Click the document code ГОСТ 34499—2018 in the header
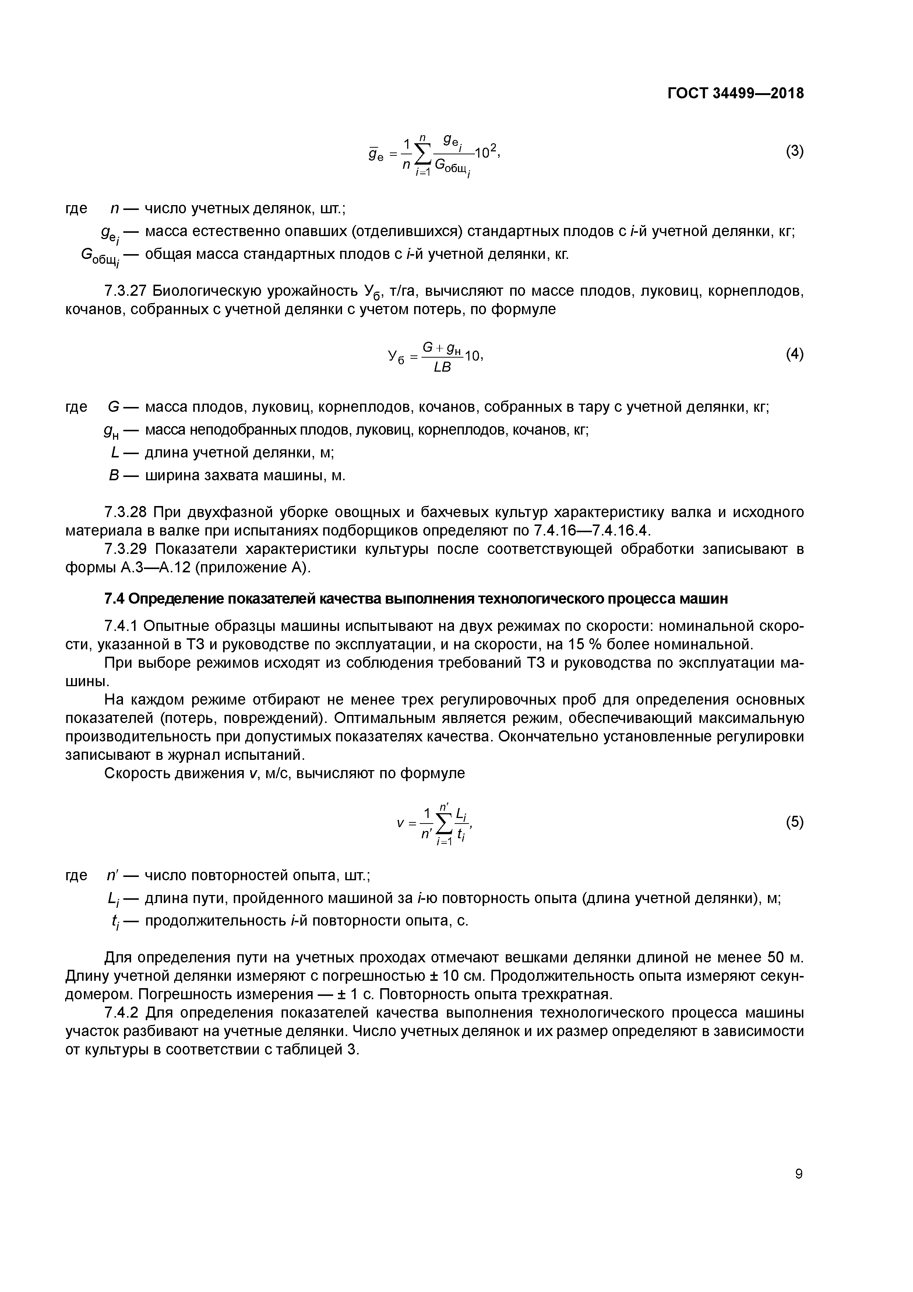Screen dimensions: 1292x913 735,93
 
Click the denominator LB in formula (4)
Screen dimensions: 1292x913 442,368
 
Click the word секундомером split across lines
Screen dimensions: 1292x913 776,976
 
